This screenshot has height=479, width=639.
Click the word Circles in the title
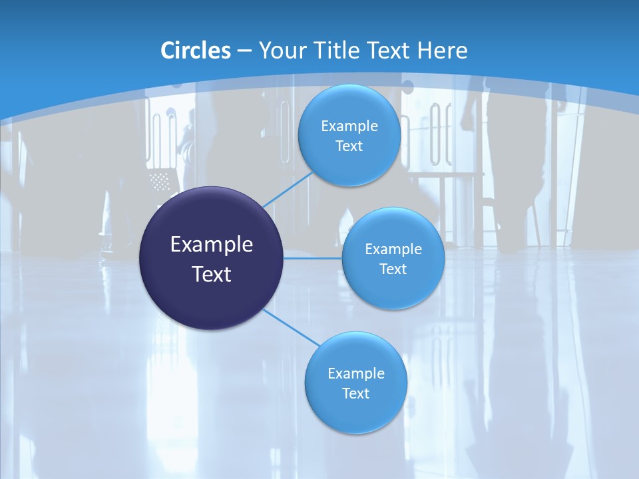195,51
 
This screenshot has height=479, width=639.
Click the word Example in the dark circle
211,245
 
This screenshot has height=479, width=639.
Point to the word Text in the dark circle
211,274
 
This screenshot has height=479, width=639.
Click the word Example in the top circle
349,126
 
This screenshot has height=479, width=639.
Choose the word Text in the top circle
349,146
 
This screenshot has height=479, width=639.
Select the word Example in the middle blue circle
393,249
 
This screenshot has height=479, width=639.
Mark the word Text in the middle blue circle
393,269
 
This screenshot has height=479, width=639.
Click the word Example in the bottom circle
355,374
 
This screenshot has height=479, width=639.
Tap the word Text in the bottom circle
355,394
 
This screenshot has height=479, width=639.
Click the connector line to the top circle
288,189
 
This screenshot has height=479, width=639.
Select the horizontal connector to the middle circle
313,257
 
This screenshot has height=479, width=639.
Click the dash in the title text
244,51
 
